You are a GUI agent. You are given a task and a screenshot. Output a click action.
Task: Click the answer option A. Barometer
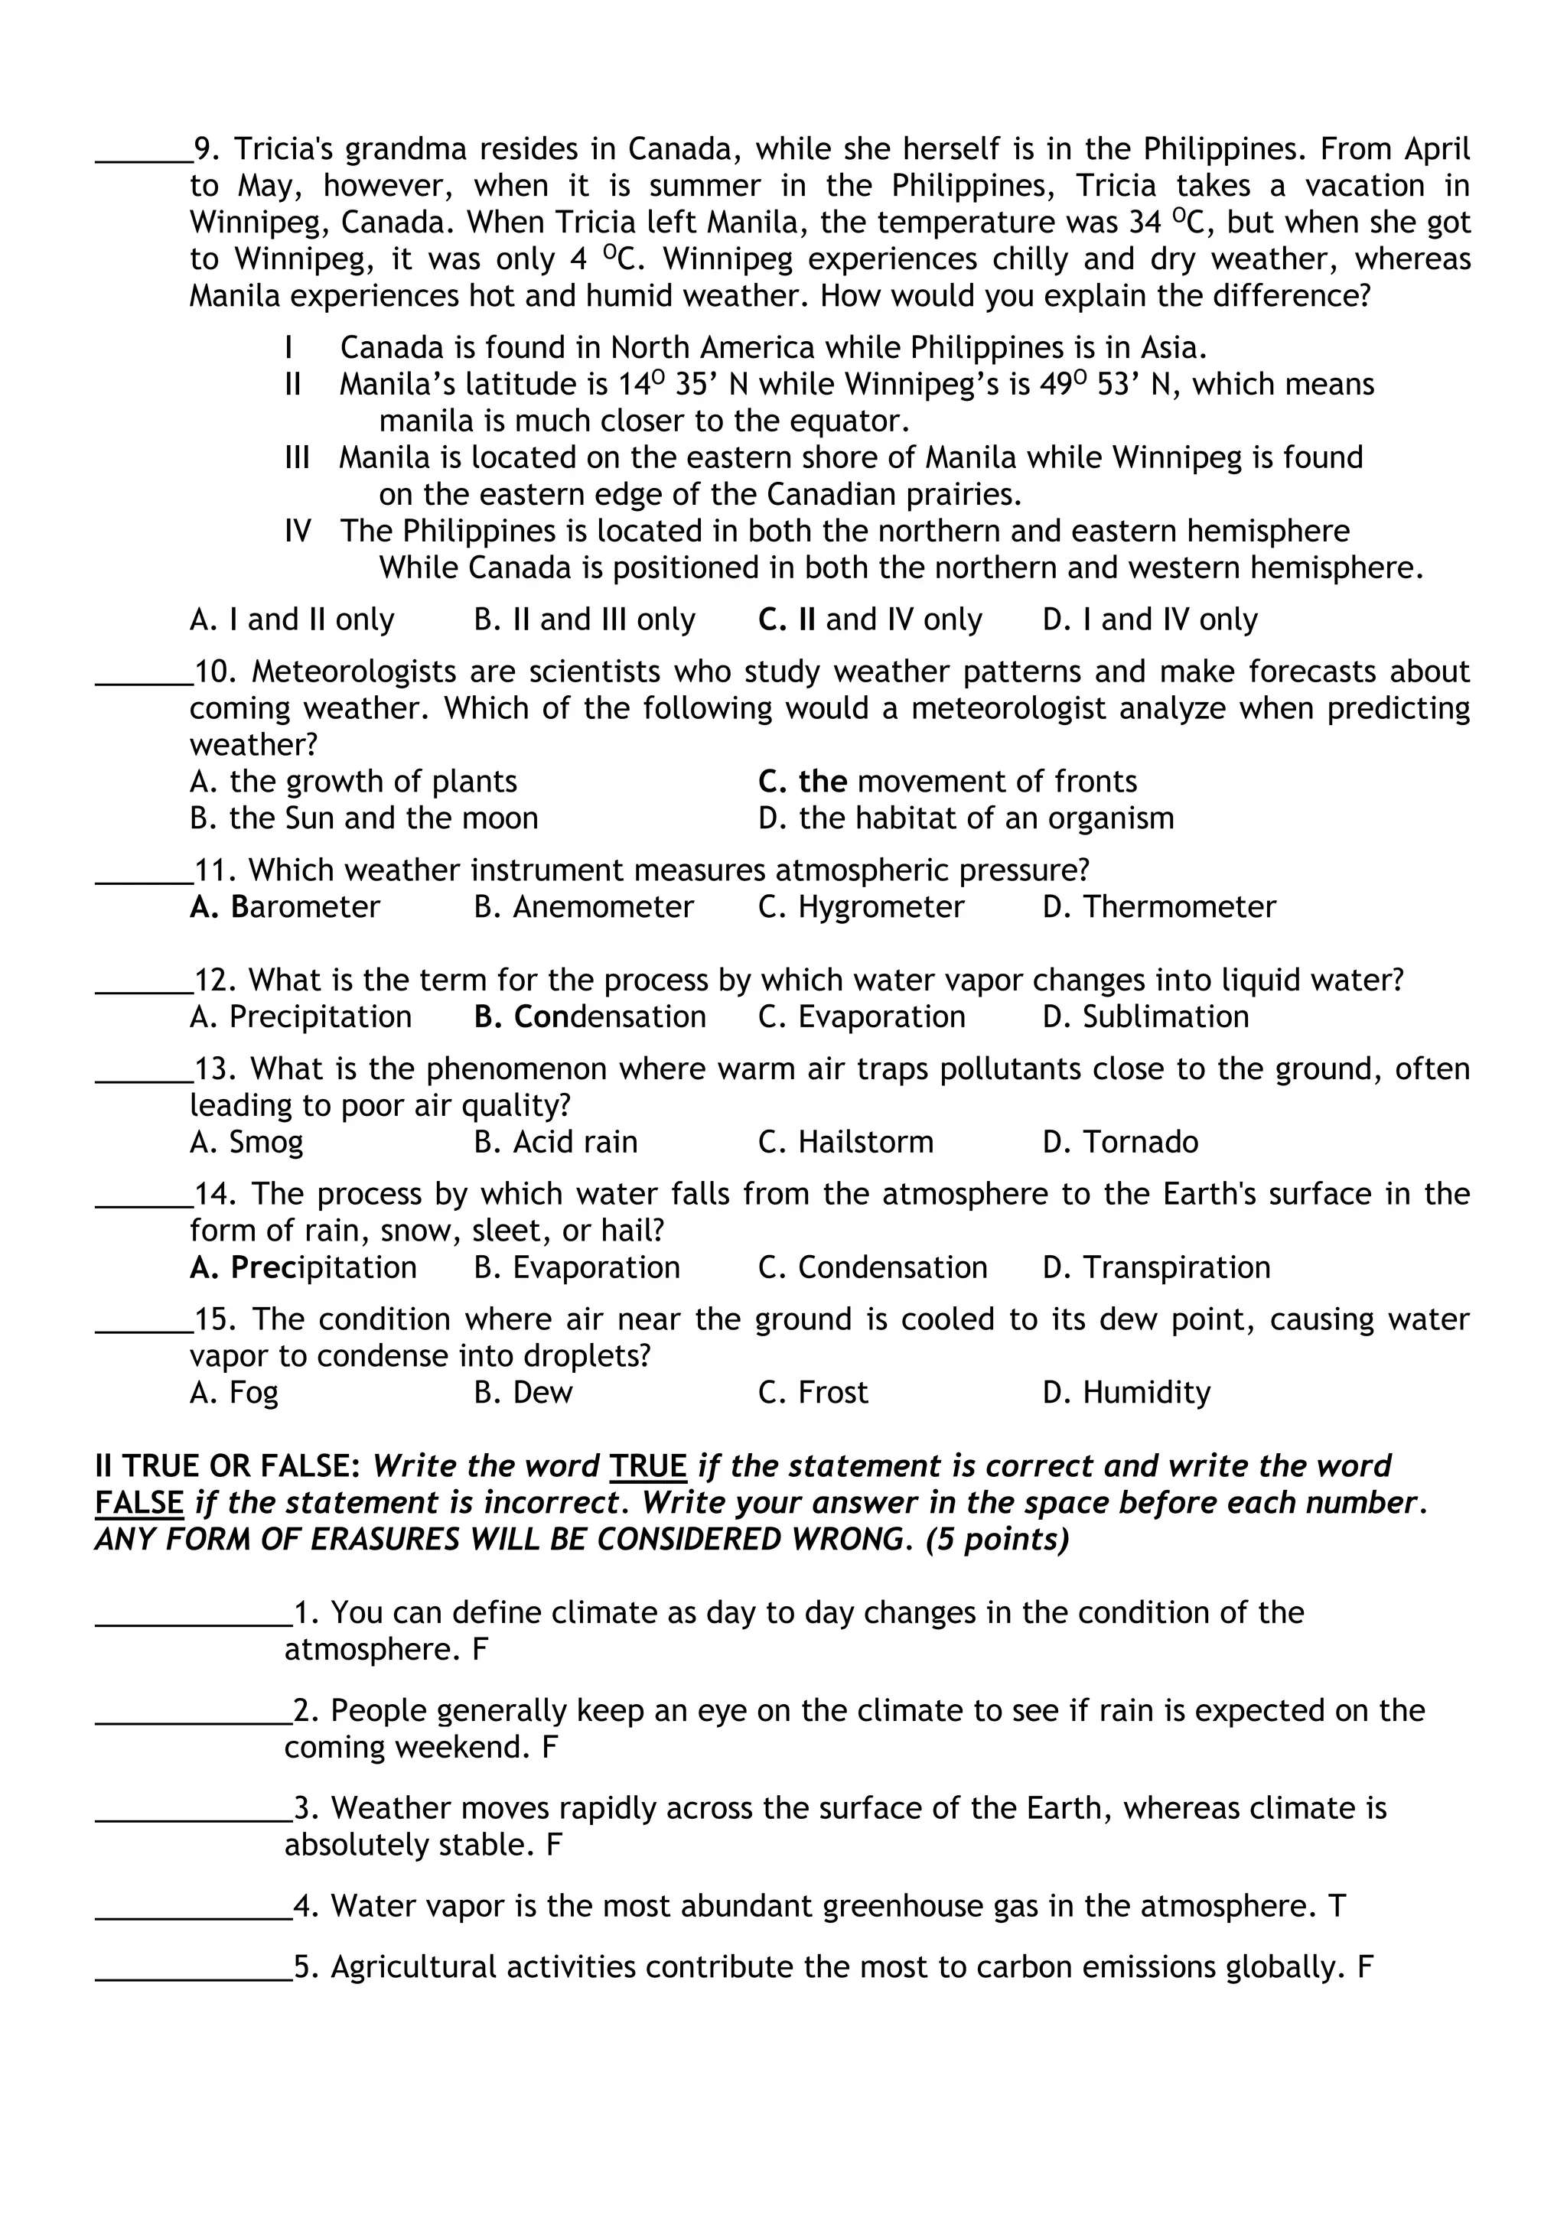coord(285,907)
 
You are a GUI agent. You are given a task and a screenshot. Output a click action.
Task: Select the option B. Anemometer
coord(584,907)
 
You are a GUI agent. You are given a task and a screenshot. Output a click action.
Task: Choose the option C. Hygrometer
coord(861,907)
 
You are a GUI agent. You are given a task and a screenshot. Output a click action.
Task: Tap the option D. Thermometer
coord(1159,907)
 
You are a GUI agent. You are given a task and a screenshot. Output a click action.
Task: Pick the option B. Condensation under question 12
coord(590,1016)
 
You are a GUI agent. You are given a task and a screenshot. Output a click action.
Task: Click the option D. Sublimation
coord(1145,1016)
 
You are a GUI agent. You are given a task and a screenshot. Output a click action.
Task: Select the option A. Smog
coord(246,1142)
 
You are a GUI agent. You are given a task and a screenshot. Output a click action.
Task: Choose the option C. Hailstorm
coord(845,1142)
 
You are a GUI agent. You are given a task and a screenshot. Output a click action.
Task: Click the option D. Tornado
coord(1120,1142)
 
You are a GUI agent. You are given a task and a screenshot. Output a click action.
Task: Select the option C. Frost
coord(813,1393)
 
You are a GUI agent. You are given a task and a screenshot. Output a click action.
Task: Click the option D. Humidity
coord(1126,1393)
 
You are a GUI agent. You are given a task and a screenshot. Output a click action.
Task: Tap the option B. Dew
coord(523,1393)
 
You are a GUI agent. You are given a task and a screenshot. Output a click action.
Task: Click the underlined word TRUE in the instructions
coord(647,1466)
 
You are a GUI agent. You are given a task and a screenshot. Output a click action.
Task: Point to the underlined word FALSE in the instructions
coord(139,1503)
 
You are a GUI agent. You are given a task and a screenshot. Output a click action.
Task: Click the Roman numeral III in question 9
coord(297,457)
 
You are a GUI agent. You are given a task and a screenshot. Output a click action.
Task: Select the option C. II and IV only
coord(869,620)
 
